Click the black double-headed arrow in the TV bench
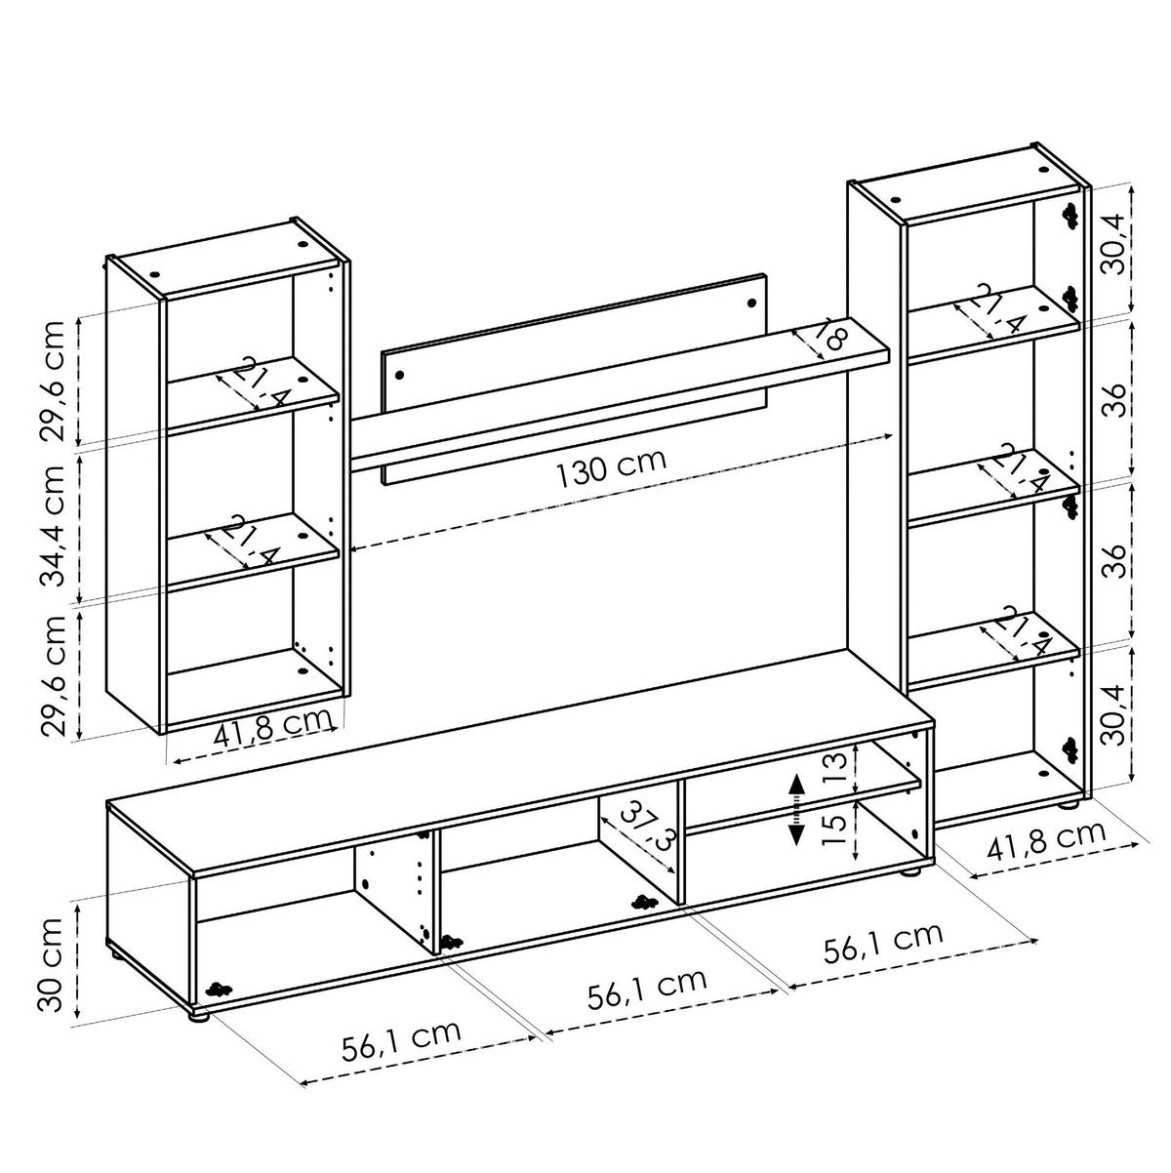coord(796,809)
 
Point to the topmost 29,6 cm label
coord(56,381)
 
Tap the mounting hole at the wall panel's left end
coord(398,372)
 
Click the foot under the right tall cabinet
coord(1069,805)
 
